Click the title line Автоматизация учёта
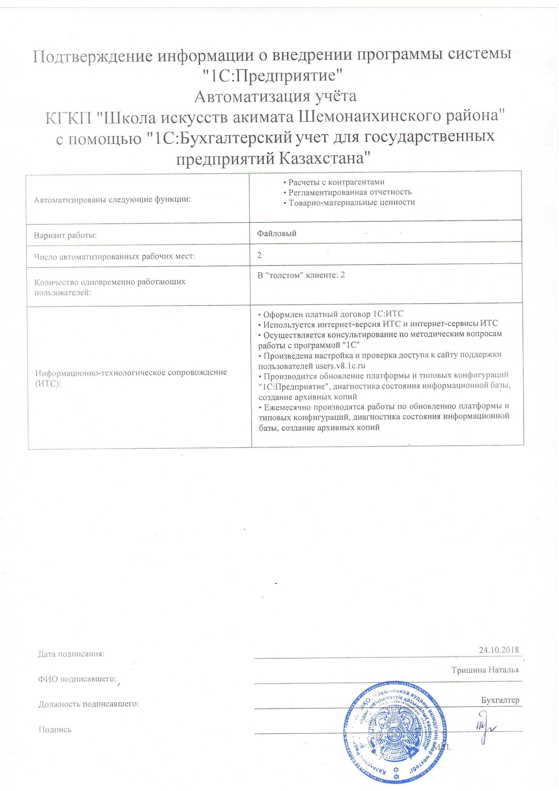pos(275,97)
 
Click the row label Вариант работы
pos(65,236)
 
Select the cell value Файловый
pos(277,234)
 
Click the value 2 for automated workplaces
pos(259,255)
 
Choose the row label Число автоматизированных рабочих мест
pos(115,257)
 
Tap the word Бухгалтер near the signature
pos(500,700)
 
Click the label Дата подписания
pos(71,654)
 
